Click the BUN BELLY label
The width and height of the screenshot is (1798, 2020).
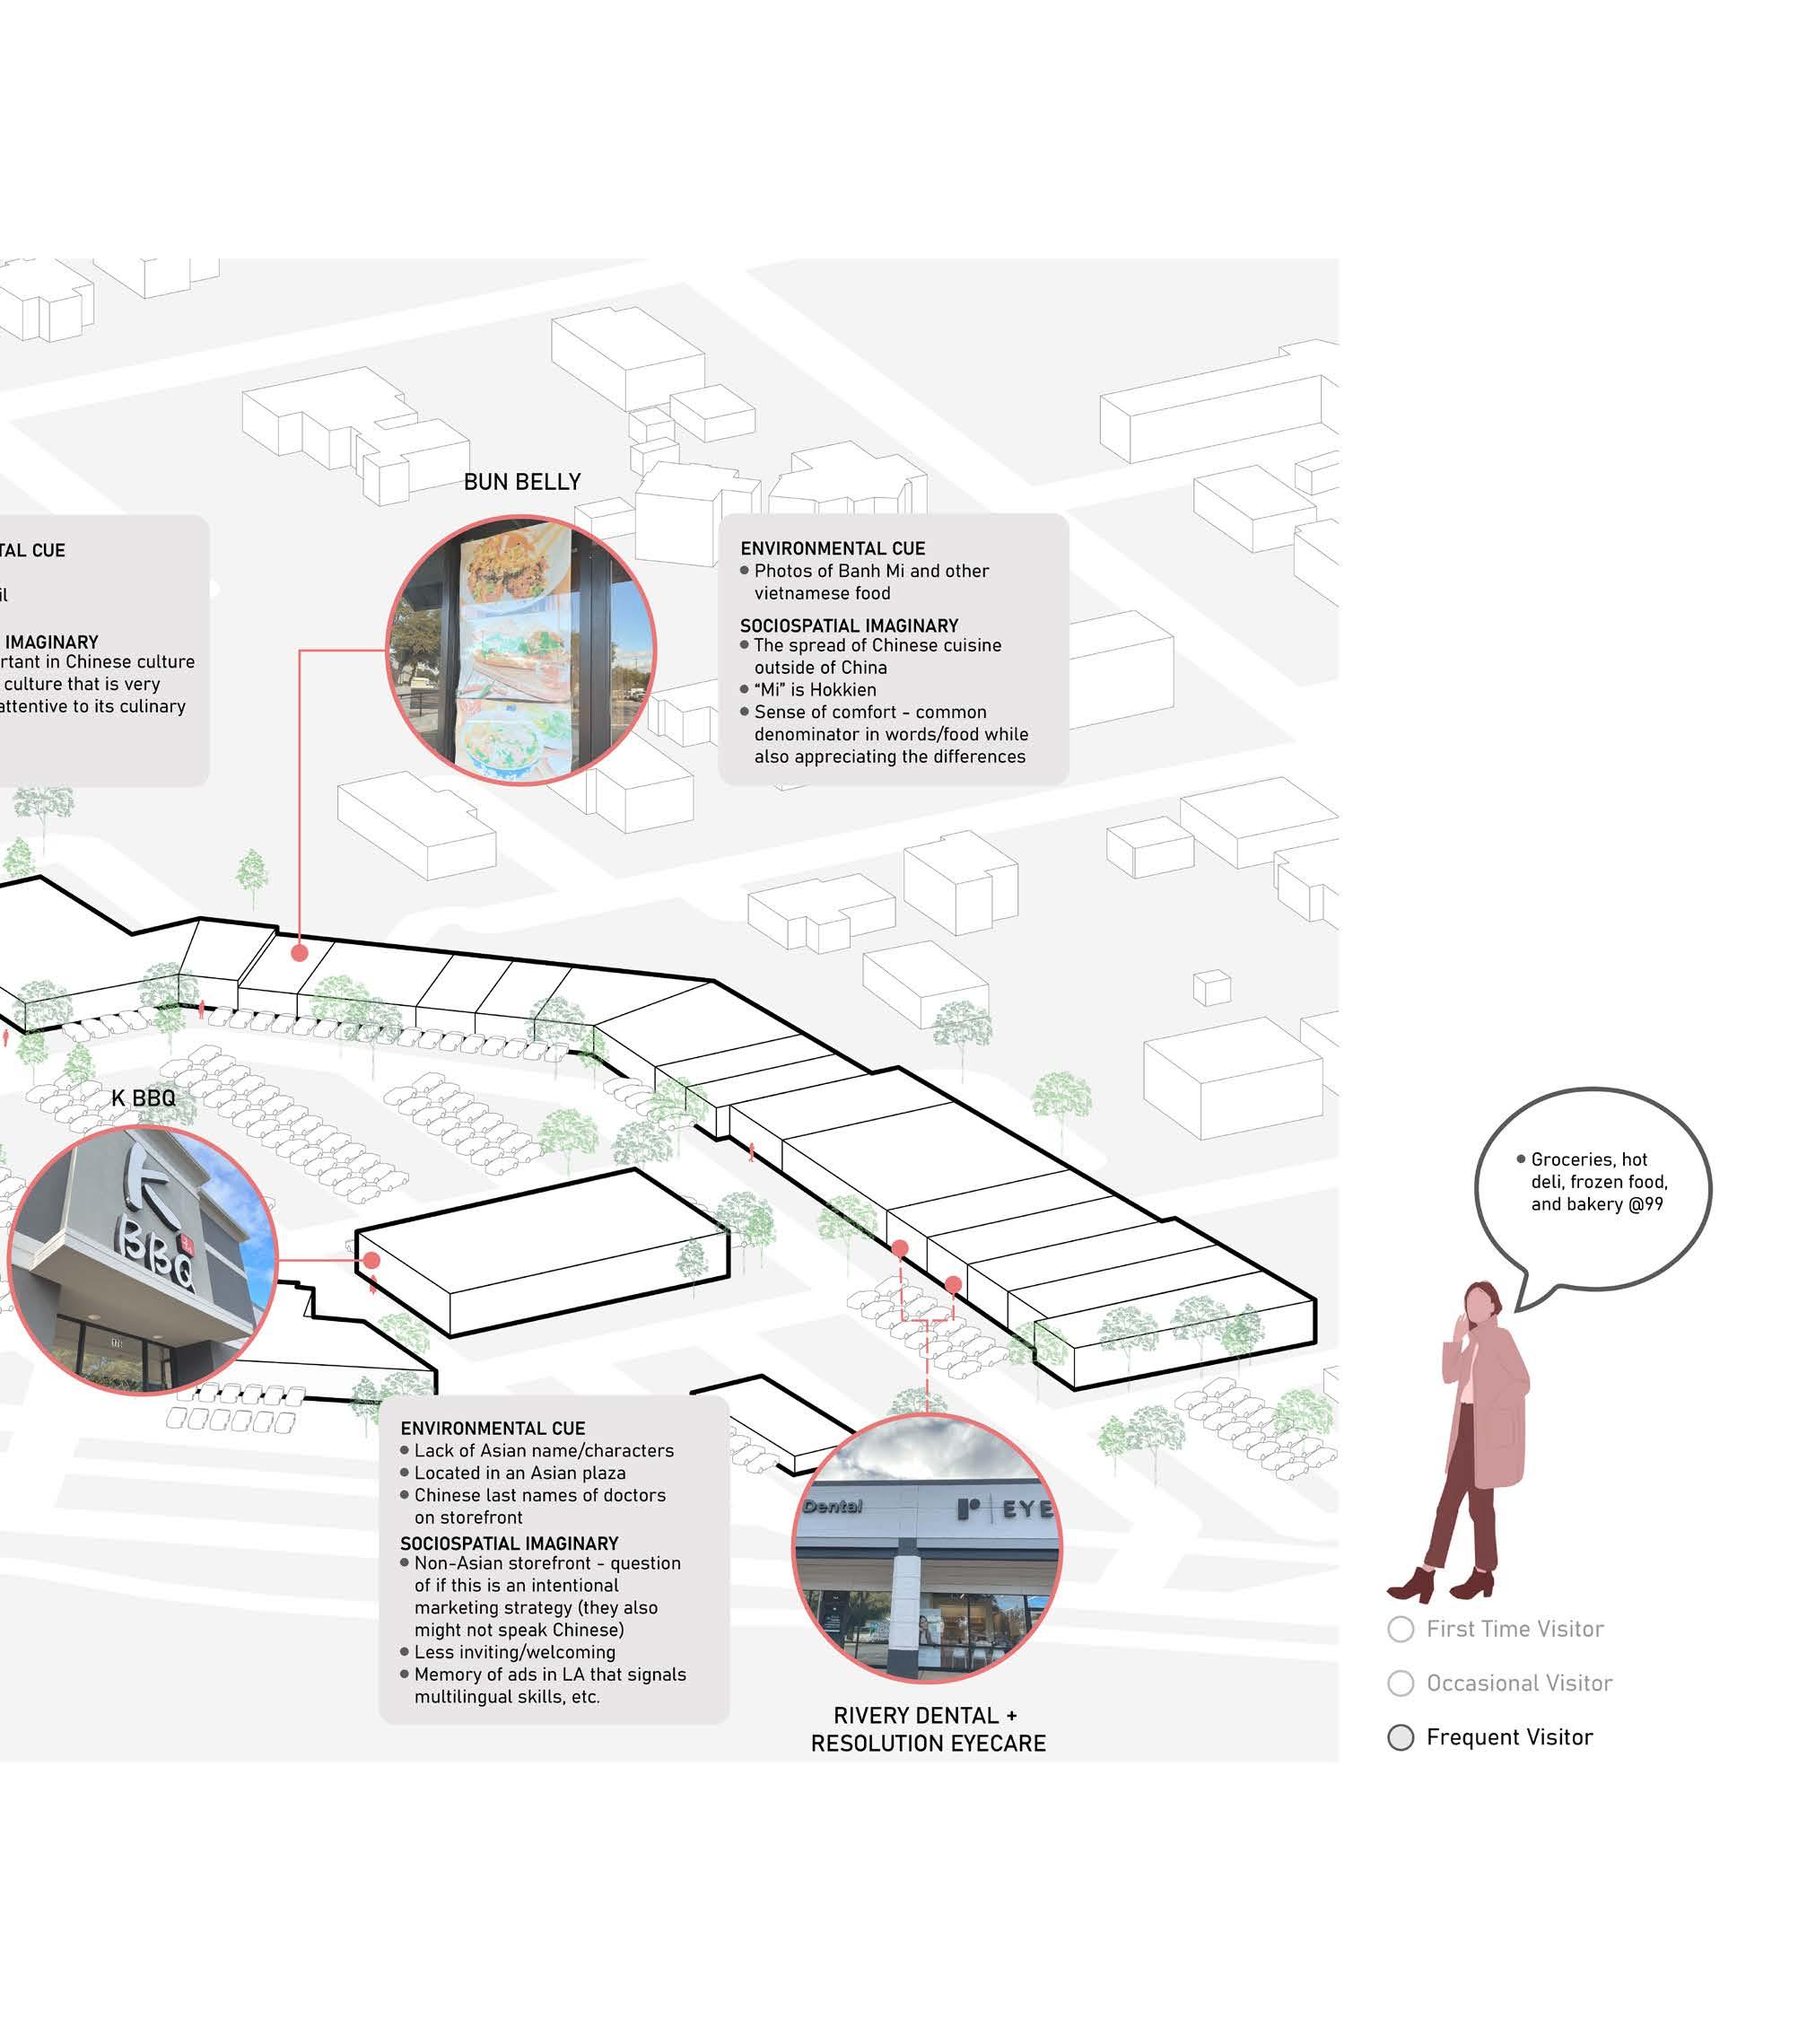click(x=521, y=481)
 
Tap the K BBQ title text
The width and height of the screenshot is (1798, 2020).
click(x=144, y=1098)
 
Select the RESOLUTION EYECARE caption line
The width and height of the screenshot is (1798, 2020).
click(x=928, y=1744)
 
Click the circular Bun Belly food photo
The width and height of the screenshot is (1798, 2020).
click(x=520, y=650)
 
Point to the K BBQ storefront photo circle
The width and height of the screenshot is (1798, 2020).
click(x=143, y=1260)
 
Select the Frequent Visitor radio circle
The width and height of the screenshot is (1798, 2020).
click(x=1400, y=1737)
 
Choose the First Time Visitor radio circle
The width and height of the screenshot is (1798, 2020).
click(x=1400, y=1629)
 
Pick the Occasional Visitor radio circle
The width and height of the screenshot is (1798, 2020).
click(x=1400, y=1683)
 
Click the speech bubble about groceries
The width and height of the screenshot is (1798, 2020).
click(x=1593, y=1186)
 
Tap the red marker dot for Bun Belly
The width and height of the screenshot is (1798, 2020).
click(x=300, y=953)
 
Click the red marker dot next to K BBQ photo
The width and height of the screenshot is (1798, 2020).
click(x=371, y=1260)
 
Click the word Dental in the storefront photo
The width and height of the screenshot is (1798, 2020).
click(x=833, y=1506)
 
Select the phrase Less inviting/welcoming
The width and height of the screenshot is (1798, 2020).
click(x=514, y=1652)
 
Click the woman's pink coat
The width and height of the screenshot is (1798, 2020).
click(x=1492, y=1404)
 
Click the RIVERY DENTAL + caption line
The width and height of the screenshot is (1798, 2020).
click(x=925, y=1716)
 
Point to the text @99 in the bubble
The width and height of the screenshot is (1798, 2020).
click(x=1647, y=1203)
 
